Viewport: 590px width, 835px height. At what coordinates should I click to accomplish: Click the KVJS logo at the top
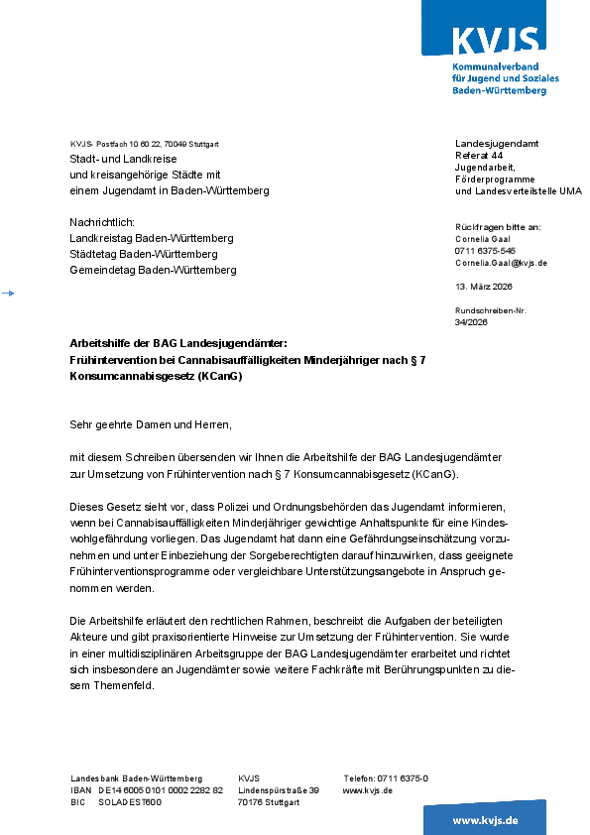[x=495, y=41]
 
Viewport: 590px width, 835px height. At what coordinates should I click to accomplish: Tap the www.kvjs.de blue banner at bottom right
[x=485, y=820]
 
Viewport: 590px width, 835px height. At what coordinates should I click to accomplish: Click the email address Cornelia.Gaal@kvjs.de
[x=501, y=263]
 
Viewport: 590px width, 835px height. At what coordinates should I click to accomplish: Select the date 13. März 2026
[x=484, y=287]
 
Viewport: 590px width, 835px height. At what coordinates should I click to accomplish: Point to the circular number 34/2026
[x=471, y=322]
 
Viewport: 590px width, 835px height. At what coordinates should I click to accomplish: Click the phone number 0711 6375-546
[x=485, y=251]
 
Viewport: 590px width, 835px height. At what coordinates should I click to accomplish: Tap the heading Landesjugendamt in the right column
[x=497, y=144]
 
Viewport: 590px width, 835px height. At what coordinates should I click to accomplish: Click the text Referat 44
[x=479, y=156]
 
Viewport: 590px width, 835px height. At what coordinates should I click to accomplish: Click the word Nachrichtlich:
[x=101, y=222]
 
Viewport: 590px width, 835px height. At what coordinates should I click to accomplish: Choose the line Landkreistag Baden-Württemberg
[x=151, y=238]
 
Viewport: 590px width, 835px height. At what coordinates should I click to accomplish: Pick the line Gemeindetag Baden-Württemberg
[x=153, y=270]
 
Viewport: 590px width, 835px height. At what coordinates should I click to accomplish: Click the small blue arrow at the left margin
[x=8, y=294]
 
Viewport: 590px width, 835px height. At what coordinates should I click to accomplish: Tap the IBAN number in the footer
[x=161, y=790]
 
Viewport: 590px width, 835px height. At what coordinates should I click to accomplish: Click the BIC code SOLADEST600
[x=130, y=802]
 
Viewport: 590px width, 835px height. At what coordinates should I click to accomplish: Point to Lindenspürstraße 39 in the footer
[x=279, y=790]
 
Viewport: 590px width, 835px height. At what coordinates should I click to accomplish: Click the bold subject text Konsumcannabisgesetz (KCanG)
[x=156, y=377]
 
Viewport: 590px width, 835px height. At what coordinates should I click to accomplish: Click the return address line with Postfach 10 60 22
[x=145, y=144]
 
